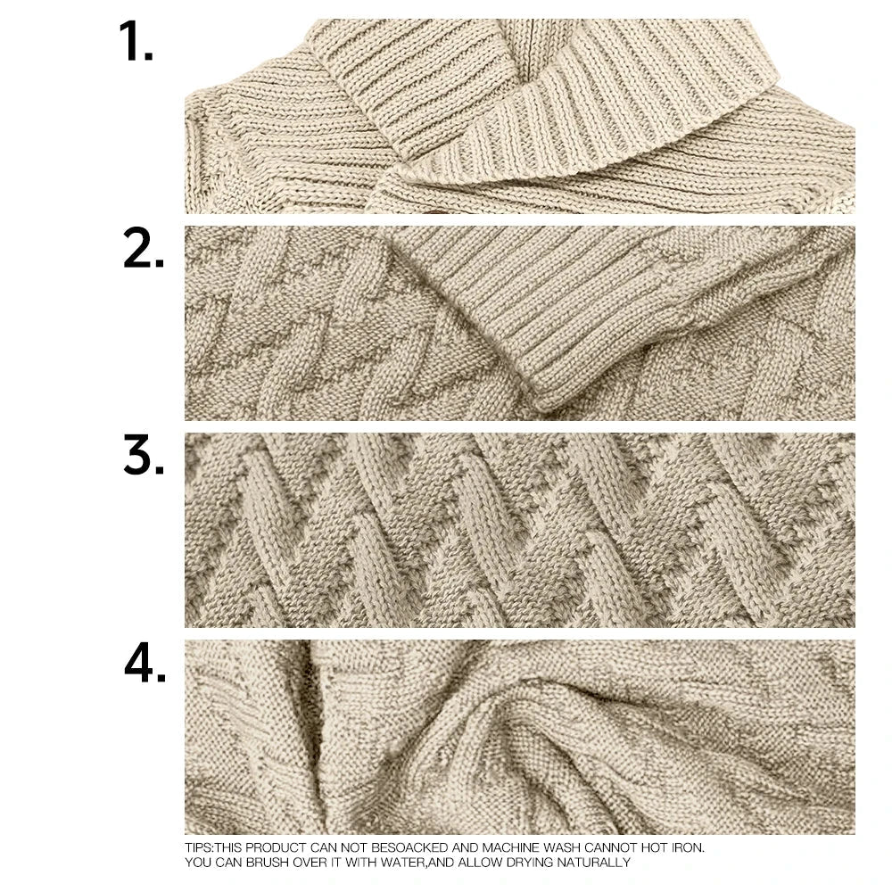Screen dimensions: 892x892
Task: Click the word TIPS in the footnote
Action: click(x=198, y=847)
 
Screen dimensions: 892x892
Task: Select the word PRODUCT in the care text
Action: click(x=271, y=847)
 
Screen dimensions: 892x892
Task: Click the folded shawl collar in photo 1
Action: click(x=535, y=98)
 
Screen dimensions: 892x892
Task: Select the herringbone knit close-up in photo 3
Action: click(x=519, y=530)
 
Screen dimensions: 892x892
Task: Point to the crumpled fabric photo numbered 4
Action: click(x=519, y=736)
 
